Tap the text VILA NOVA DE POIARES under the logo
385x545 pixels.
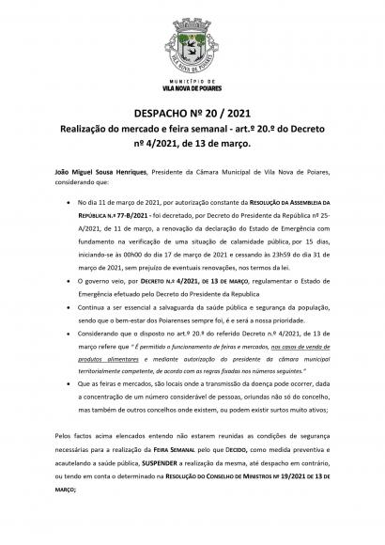tap(192, 92)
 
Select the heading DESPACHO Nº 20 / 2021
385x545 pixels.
tap(192, 109)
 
